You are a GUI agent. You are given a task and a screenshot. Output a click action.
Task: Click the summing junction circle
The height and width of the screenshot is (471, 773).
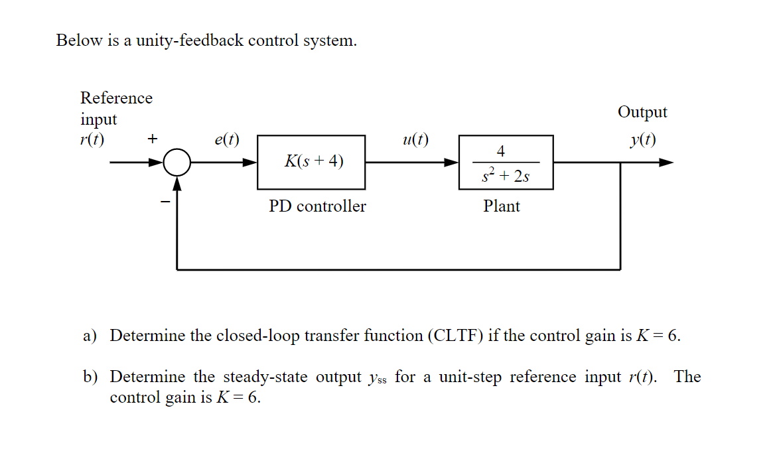click(x=176, y=163)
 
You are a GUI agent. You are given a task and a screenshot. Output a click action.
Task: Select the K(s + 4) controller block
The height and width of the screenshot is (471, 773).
click(x=311, y=162)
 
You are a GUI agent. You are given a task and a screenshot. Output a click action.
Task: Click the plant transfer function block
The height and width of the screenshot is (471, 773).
click(x=505, y=163)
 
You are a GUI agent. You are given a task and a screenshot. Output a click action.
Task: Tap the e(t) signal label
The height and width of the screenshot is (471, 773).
click(x=227, y=140)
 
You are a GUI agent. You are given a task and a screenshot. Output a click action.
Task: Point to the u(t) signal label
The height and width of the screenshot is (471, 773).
click(x=415, y=140)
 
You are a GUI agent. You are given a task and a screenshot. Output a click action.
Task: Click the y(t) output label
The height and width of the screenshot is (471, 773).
click(x=643, y=140)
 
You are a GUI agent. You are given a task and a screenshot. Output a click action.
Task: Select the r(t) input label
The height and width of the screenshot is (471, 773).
click(x=92, y=140)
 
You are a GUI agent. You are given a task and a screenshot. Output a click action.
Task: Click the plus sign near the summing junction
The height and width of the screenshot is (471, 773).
click(x=153, y=139)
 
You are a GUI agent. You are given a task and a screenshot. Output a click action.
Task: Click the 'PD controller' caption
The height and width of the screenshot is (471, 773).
click(x=317, y=206)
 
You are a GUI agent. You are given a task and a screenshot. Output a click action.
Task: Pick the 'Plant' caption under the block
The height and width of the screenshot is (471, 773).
click(x=502, y=206)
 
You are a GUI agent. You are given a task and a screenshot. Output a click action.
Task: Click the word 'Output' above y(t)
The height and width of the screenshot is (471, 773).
click(x=642, y=112)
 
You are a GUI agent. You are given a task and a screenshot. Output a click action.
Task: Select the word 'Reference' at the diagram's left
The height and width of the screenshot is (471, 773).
click(x=116, y=98)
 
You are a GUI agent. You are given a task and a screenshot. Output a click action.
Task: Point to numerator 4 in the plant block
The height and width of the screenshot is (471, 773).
click(x=501, y=151)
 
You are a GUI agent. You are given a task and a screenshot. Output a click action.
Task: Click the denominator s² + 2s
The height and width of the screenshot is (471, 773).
click(x=505, y=175)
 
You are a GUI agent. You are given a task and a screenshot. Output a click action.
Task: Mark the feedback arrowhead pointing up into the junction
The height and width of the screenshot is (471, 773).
click(x=176, y=182)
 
